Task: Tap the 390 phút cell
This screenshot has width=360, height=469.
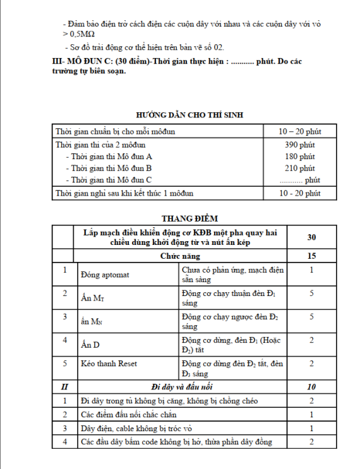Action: tap(300, 145)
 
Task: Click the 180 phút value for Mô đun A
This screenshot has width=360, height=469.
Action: tap(300, 157)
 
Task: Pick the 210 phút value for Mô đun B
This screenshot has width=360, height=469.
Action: tap(300, 169)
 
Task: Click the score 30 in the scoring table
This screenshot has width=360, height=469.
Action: tap(311, 237)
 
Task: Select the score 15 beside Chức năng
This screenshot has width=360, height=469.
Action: tap(311, 256)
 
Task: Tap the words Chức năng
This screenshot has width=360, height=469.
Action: tap(180, 256)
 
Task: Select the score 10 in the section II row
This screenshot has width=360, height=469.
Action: tap(311, 386)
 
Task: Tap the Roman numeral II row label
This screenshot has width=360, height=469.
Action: tap(65, 386)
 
